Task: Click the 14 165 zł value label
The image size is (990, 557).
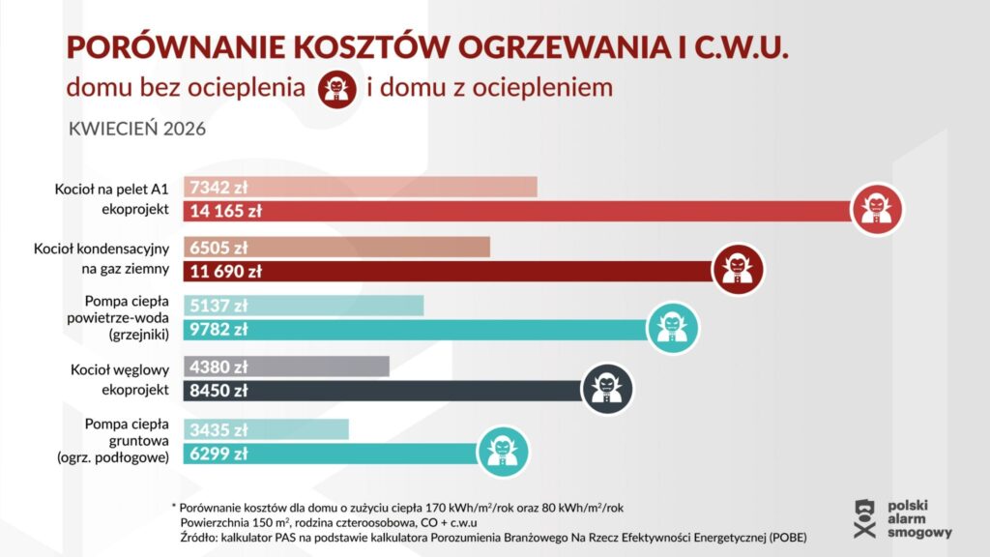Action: pos(227,210)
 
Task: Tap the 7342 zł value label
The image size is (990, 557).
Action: pos(220,188)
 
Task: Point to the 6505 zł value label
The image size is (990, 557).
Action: pos(220,248)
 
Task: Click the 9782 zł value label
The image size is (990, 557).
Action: pos(220,330)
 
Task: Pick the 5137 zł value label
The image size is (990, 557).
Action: pos(220,307)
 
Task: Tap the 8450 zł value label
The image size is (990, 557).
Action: pos(220,391)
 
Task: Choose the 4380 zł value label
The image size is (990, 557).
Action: pos(220,367)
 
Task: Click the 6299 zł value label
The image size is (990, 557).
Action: pos(220,453)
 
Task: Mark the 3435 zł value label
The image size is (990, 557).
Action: pos(220,429)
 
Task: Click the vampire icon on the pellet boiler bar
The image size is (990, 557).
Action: pos(878,209)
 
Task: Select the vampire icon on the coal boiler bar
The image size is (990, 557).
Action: pos(607,389)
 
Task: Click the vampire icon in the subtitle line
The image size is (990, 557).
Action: pos(336,89)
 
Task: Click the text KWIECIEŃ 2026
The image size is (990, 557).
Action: pos(137,130)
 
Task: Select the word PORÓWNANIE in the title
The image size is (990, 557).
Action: pos(163,48)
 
